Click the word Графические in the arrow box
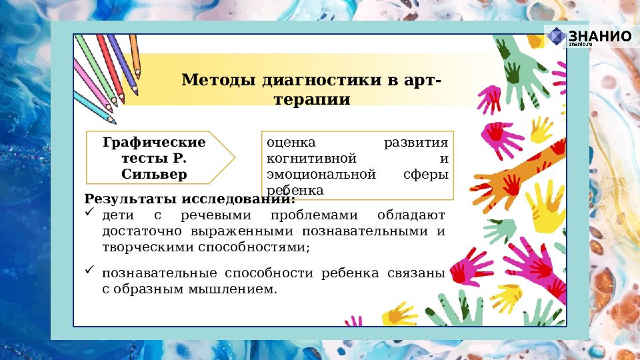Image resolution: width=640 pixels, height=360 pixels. (x=154, y=143)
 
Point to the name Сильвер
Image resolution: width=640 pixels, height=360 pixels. (x=154, y=175)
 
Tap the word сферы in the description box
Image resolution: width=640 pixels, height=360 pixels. (x=426, y=175)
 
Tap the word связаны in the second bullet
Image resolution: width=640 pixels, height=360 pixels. (x=419, y=273)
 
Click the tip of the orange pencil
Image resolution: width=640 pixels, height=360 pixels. (x=138, y=73)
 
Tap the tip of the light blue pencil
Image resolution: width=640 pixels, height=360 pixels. (x=114, y=122)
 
